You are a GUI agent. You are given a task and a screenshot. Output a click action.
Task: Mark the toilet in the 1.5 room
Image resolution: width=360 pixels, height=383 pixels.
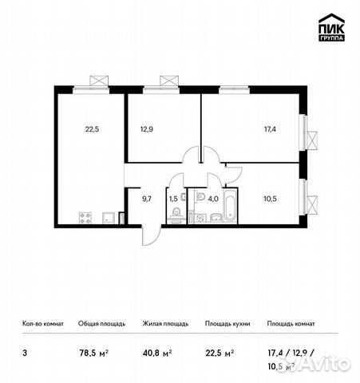(174, 214)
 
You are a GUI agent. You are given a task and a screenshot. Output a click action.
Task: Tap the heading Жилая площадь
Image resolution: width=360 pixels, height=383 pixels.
(166, 324)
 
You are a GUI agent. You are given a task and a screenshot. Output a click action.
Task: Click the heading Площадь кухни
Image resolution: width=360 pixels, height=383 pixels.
(227, 324)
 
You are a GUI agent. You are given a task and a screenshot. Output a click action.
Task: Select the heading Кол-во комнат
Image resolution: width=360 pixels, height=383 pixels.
(41, 324)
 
